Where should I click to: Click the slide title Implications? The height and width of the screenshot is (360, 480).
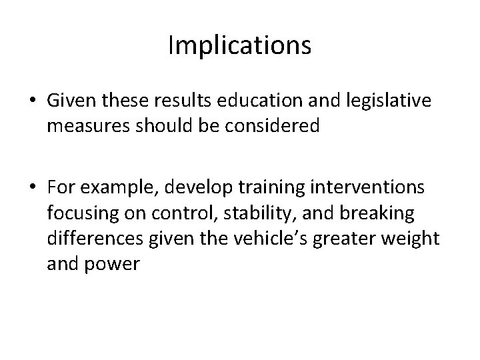[239, 46]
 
